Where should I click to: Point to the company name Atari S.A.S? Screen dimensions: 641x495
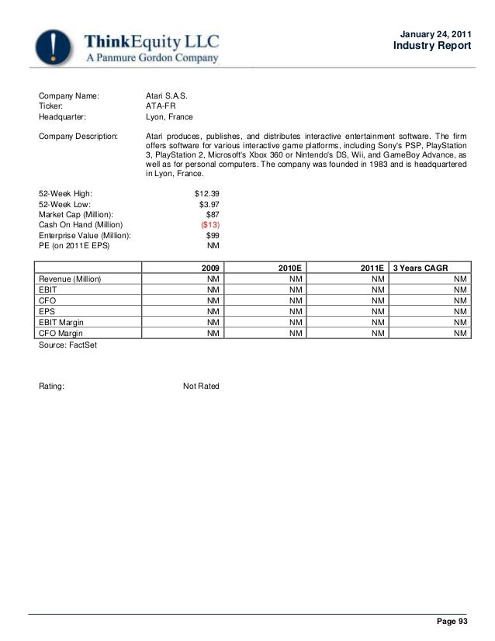[167, 96]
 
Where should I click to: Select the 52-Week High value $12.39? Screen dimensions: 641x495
[206, 192]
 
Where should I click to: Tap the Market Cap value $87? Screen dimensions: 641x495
[212, 214]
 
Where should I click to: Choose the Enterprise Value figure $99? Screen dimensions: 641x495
[212, 235]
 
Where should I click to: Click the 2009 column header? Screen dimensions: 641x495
[210, 267]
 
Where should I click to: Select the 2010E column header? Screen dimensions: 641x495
[292, 267]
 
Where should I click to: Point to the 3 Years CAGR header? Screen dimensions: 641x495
[422, 267]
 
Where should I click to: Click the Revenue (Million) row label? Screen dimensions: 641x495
[71, 279]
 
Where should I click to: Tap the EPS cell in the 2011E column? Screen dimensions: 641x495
[378, 311]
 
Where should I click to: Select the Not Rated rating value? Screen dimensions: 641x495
[201, 386]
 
